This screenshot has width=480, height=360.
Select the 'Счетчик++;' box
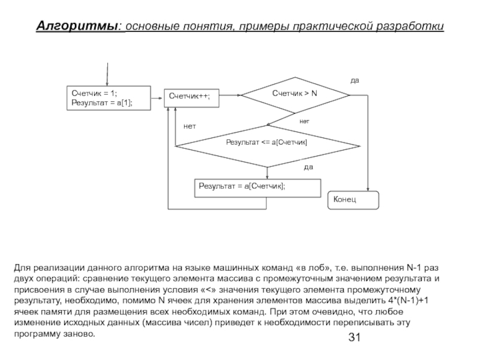click(191, 96)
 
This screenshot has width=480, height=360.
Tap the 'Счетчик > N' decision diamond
click(295, 94)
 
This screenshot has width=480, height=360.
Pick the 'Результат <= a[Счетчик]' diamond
click(266, 142)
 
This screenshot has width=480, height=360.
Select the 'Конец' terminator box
click(353, 199)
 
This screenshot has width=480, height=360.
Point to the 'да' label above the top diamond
click(355, 80)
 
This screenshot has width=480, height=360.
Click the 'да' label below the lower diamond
click(308, 166)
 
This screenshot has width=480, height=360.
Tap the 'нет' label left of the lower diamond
click(190, 126)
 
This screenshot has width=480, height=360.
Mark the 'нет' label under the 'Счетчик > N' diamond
click(305, 121)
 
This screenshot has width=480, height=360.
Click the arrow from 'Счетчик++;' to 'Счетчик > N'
click(230, 94)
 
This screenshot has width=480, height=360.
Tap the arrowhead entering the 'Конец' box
click(367, 189)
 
